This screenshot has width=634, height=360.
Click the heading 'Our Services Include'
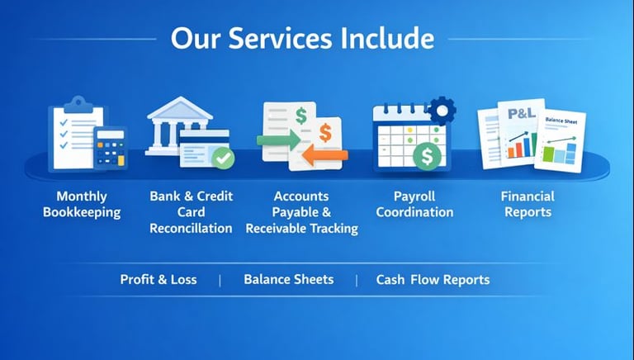301,39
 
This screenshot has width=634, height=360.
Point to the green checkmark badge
222,157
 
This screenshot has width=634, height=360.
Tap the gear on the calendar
442,109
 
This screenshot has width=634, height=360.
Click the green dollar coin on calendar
427,155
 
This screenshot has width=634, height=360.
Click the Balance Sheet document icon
561,140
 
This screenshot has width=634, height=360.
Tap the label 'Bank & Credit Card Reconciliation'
191,211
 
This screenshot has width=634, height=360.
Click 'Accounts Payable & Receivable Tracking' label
301,211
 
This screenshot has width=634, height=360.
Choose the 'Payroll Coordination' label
414,204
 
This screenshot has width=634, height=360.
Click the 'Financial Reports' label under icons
527,204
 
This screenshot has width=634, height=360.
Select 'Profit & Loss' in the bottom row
158,279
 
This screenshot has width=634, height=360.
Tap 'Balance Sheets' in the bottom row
288,279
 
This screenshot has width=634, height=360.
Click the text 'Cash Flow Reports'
433,279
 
